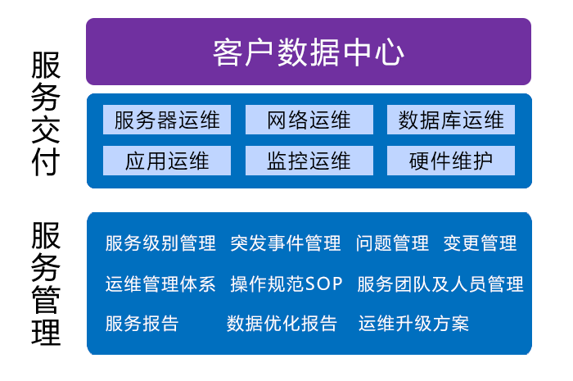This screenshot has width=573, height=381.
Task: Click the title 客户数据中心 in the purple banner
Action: tap(309, 52)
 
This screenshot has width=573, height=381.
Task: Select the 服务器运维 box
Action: tap(167, 120)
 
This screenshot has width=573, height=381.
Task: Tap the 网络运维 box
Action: tap(309, 120)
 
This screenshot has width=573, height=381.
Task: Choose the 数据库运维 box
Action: tap(451, 120)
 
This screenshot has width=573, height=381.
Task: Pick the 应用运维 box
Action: tap(167, 161)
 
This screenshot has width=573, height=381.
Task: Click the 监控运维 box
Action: tap(309, 161)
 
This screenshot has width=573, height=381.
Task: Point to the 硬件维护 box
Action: tap(451, 161)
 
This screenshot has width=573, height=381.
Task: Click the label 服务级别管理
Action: tap(160, 243)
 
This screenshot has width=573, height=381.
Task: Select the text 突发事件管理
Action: tap(286, 243)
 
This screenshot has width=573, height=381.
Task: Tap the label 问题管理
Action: tap(392, 243)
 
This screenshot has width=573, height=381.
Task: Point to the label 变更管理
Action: tap(480, 243)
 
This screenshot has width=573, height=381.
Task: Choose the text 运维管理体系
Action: tap(160, 284)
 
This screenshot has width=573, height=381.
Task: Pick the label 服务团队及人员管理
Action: tap(440, 284)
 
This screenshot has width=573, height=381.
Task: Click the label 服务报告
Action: tap(142, 324)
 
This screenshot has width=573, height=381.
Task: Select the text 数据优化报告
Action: tap(282, 324)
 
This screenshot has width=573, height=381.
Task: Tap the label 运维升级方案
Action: tap(413, 324)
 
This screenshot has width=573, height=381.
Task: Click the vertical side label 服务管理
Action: tap(46, 283)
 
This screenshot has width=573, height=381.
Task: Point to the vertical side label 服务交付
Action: tap(46, 115)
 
